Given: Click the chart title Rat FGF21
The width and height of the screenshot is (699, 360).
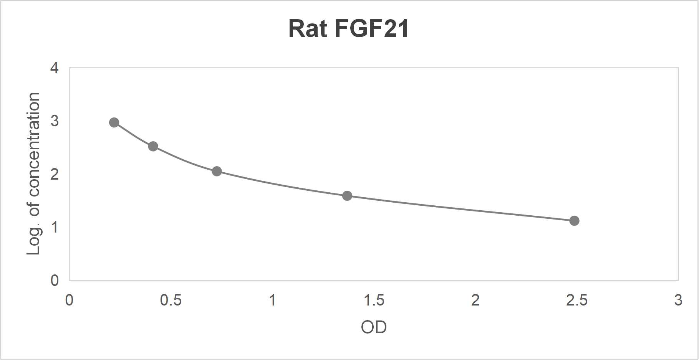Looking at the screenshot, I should coord(348,29).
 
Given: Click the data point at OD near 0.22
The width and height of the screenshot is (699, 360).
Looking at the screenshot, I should coord(114,122).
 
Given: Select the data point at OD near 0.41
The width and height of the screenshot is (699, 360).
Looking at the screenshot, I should coord(153,146).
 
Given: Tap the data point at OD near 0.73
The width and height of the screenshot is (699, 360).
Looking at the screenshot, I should coord(217,171).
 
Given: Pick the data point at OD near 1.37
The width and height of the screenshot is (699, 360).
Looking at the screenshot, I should coord(347,196).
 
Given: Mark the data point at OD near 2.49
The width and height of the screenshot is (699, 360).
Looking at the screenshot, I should coord(574,221).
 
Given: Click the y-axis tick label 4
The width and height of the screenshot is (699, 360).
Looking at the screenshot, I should coord(55,68).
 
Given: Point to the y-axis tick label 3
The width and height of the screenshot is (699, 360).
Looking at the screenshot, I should coord(55,121).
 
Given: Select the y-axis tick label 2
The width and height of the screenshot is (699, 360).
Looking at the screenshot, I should coord(55,174).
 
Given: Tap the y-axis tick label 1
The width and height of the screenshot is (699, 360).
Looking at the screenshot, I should coord(55,227).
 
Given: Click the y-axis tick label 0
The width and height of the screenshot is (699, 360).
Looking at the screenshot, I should coord(55,280).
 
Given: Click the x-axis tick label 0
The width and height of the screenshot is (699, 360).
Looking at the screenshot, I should coord(69,300).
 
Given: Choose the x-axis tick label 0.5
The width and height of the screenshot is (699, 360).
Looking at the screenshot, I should coord(171,300).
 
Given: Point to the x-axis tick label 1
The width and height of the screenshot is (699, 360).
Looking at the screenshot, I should coord(272,300).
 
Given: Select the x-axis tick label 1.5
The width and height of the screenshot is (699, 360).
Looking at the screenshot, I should coord(374,300).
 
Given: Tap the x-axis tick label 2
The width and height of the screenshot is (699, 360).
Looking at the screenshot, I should coord(475,300).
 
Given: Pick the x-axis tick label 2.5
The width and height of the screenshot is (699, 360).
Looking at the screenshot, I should coord(577,300).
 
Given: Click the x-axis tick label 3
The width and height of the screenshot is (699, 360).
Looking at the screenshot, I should coord(678,300).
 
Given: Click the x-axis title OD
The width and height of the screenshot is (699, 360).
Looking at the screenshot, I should coord(374,327).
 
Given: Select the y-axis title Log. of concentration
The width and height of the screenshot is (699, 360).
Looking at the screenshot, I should coord(34,174).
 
